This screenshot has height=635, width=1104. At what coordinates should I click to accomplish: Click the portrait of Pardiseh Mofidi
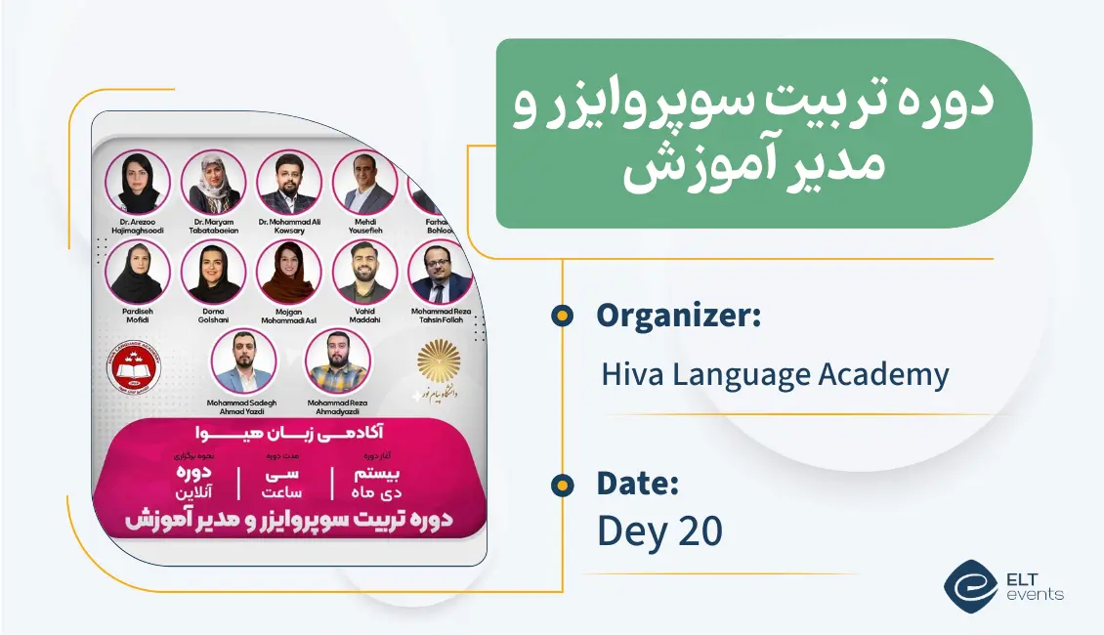(x=138, y=273)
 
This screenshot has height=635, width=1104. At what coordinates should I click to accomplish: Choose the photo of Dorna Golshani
(x=213, y=273)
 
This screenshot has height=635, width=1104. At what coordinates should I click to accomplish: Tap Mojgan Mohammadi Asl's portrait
(x=289, y=273)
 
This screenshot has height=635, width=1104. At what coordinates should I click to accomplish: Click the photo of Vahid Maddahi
(x=364, y=273)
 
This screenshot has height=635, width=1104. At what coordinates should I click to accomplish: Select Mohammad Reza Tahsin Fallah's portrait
(x=440, y=273)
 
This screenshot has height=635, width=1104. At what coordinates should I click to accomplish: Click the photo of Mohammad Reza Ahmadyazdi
(x=338, y=361)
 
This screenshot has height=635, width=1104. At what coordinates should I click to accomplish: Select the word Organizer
(x=678, y=316)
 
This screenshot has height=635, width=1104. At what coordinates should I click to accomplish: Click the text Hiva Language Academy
(x=775, y=374)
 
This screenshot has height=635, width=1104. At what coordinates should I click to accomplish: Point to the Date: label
(x=638, y=483)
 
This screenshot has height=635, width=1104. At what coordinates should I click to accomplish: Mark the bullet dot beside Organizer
(x=562, y=315)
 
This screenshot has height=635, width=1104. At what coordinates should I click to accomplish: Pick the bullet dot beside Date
(x=562, y=484)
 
